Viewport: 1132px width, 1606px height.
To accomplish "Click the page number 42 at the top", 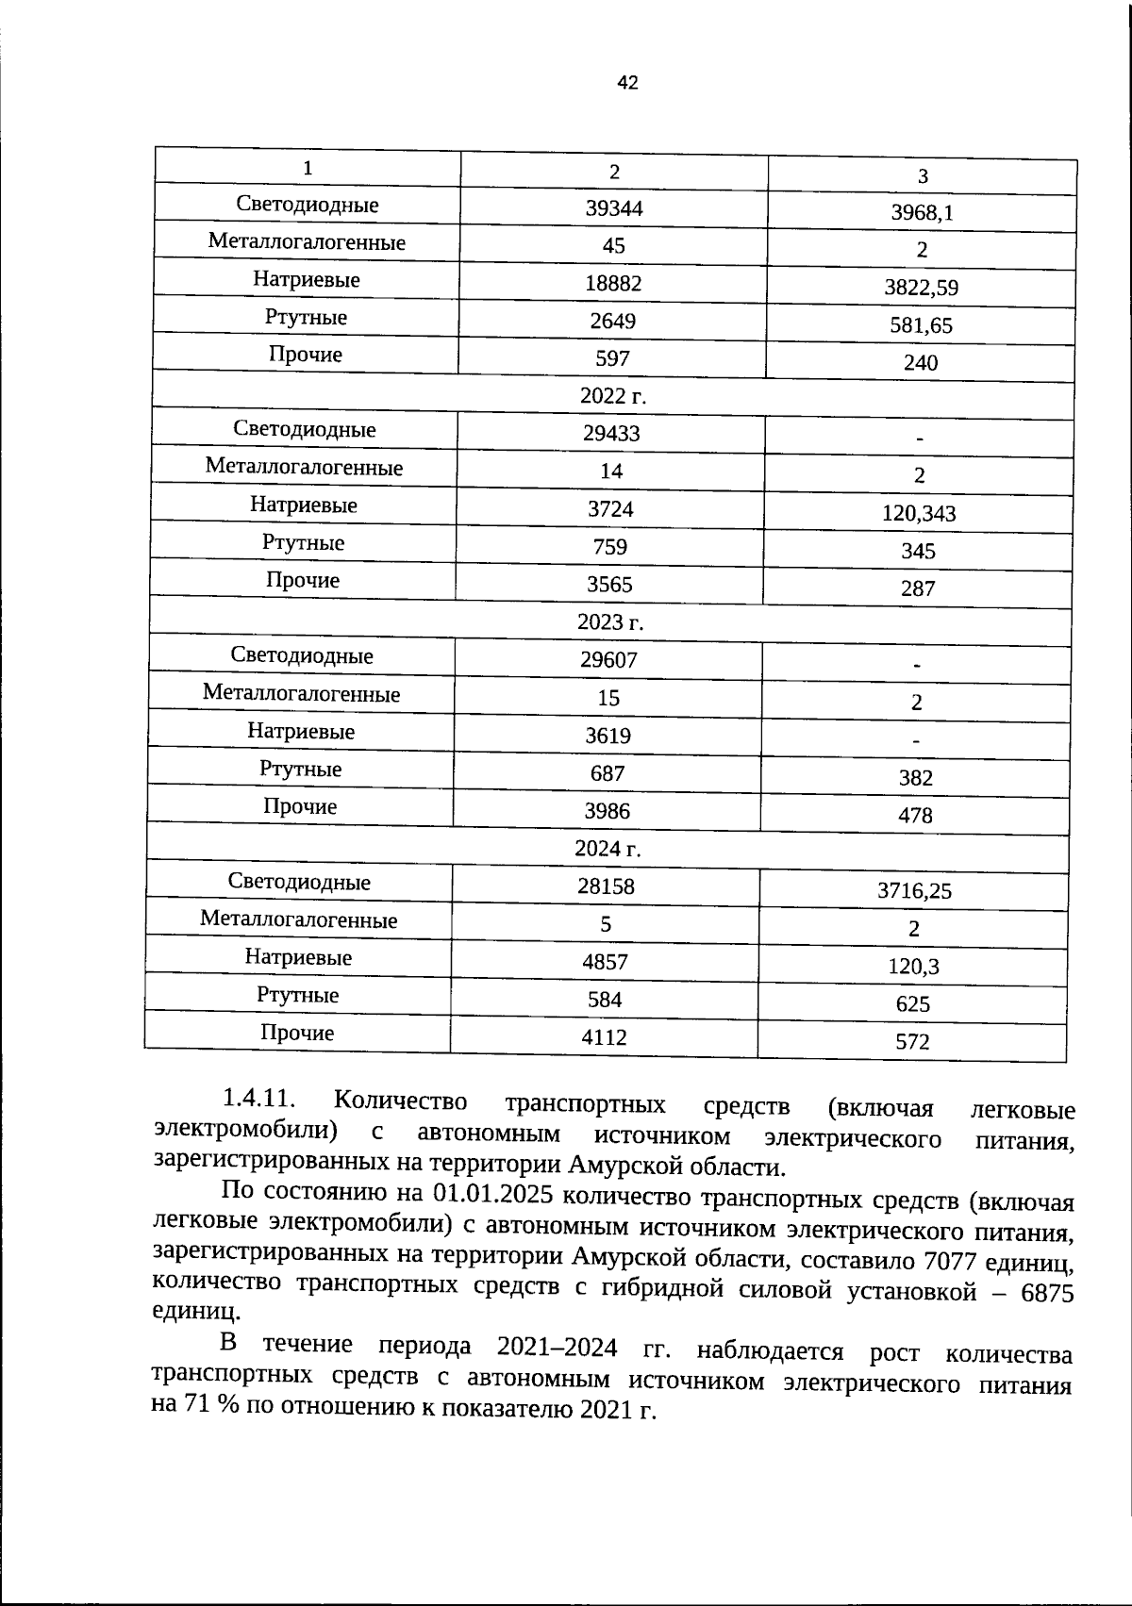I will (x=627, y=84).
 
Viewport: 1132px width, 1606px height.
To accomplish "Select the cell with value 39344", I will (x=614, y=208).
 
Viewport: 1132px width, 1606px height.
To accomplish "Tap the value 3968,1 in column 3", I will (x=922, y=213).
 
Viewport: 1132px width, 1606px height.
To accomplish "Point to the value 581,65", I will (x=921, y=326).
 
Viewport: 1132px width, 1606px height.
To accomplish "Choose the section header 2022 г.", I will (x=612, y=396).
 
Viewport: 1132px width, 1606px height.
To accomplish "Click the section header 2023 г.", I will (x=609, y=622).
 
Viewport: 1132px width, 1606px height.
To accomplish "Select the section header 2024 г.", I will (x=608, y=849).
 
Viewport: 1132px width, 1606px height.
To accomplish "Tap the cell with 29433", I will (x=611, y=434).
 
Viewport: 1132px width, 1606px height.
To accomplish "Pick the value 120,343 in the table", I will (x=919, y=514).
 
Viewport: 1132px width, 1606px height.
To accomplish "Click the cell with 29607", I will (x=608, y=660).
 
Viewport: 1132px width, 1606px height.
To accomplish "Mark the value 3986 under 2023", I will (x=607, y=811).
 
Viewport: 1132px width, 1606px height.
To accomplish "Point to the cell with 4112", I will (x=604, y=1037).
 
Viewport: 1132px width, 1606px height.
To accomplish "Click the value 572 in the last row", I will (x=912, y=1042).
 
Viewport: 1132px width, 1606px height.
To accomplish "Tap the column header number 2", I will (x=614, y=172).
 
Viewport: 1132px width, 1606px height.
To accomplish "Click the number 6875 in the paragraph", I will (x=1047, y=1294).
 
